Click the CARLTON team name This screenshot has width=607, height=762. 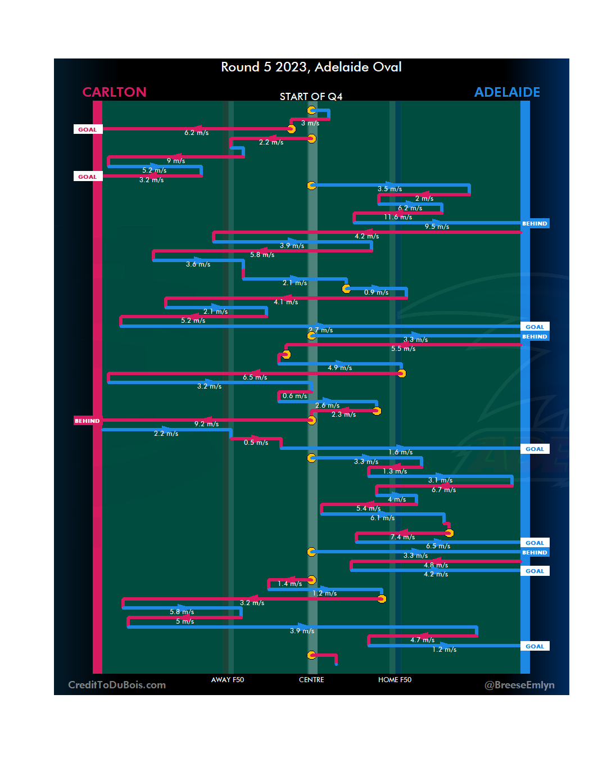[x=114, y=92]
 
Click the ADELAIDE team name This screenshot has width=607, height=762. [x=507, y=92]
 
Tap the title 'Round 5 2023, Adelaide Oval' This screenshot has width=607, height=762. [x=311, y=67]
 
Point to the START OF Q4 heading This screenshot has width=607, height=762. [x=311, y=97]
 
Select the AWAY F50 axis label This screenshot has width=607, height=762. [x=228, y=680]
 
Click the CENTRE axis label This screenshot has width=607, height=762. [x=311, y=680]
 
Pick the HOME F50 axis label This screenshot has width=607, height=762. [x=395, y=680]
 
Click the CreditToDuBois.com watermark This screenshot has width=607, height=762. [x=117, y=685]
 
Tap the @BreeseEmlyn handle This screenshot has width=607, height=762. [x=519, y=685]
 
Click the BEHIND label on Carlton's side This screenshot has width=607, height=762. [x=87, y=421]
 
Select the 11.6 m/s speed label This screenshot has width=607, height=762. [x=398, y=217]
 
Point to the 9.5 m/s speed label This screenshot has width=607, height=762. [x=437, y=227]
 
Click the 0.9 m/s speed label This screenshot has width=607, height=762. [x=376, y=292]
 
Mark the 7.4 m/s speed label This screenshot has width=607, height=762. [x=402, y=537]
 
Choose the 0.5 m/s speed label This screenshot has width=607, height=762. [x=256, y=443]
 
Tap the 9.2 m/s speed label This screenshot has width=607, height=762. [x=206, y=424]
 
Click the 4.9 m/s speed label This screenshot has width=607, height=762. [x=339, y=368]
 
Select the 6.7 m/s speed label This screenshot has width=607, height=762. [x=443, y=490]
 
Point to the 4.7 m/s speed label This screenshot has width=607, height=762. [x=422, y=640]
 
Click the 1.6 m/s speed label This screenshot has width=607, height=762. [x=400, y=452]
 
